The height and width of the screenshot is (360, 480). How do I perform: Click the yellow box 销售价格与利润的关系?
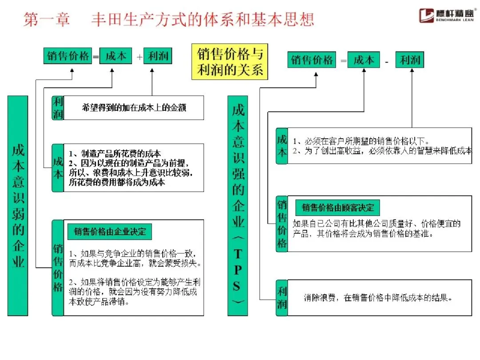click(x=229, y=61)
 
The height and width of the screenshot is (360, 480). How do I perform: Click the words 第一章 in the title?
click(x=47, y=19)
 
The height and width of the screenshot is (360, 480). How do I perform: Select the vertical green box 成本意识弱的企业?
click(x=18, y=205)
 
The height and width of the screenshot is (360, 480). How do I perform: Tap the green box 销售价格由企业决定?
click(x=109, y=232)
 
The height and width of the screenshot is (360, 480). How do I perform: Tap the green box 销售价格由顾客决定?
click(x=338, y=208)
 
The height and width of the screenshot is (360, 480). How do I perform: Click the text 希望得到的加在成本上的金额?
click(x=133, y=108)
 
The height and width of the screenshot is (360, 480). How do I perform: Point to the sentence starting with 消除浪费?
click(x=378, y=298)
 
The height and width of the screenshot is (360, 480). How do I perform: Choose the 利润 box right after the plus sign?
click(x=158, y=56)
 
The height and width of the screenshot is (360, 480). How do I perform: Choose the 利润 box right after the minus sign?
click(x=409, y=60)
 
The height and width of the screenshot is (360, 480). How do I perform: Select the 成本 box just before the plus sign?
click(x=116, y=56)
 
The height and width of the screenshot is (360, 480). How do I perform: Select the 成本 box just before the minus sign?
click(x=364, y=60)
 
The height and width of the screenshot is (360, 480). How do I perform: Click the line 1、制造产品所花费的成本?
click(x=115, y=153)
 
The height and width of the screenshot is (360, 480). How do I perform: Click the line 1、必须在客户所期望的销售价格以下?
click(x=360, y=141)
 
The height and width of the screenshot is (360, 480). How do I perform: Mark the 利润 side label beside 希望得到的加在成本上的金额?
click(x=58, y=108)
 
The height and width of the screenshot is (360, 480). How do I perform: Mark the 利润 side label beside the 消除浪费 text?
click(x=282, y=298)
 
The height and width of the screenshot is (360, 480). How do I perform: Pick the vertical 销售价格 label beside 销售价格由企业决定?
click(x=58, y=268)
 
